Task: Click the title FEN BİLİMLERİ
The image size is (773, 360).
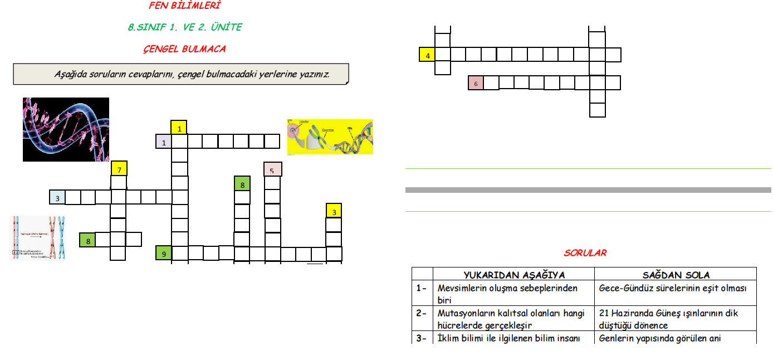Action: [x=184, y=6]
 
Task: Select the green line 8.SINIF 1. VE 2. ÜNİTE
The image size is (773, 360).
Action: [x=184, y=27]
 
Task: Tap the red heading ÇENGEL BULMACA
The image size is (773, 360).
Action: [x=184, y=48]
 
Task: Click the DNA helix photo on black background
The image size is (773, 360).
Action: [x=66, y=129]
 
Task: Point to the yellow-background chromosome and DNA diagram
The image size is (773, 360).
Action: [x=330, y=137]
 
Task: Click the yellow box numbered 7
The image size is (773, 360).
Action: [x=119, y=168]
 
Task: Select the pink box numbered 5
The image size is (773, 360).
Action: [x=272, y=169]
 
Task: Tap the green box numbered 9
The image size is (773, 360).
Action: [x=163, y=254]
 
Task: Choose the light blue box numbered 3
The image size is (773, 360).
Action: [x=57, y=197]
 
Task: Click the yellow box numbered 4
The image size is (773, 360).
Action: [x=427, y=55]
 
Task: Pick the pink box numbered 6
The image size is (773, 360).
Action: [x=476, y=83]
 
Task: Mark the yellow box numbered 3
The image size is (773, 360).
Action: [x=334, y=211]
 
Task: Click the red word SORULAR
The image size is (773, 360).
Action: [x=585, y=253]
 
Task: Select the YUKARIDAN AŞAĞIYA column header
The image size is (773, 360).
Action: [x=514, y=275]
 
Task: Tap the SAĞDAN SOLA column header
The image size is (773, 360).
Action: [x=676, y=275]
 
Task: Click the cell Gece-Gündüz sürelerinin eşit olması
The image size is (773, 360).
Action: [x=672, y=288]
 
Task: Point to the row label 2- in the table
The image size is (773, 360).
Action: [x=422, y=313]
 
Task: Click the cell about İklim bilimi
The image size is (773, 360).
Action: [x=509, y=338]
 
